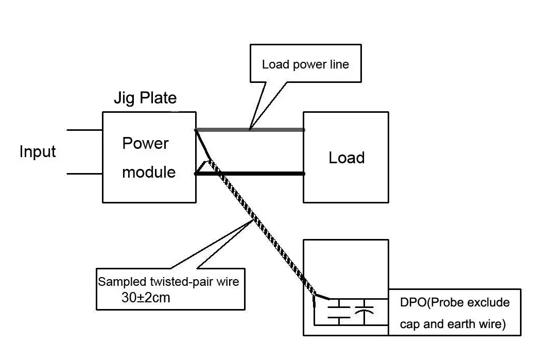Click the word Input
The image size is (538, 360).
pyautogui.click(x=38, y=152)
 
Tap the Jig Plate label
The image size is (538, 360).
pyautogui.click(x=145, y=98)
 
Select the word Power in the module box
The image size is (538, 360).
pyautogui.click(x=145, y=143)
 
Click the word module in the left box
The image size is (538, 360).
pyautogui.click(x=149, y=172)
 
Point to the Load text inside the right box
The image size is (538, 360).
pyautogui.click(x=346, y=158)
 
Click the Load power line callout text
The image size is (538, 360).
pyautogui.click(x=305, y=64)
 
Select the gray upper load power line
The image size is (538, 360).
pyautogui.click(x=278, y=130)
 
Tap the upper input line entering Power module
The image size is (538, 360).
pyautogui.click(x=85, y=130)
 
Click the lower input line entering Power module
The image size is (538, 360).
pyautogui.click(x=85, y=174)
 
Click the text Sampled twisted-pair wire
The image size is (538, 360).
pyautogui.click(x=168, y=282)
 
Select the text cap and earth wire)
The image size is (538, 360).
pyautogui.click(x=453, y=324)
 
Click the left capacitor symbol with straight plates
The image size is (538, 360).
pyautogui.click(x=339, y=311)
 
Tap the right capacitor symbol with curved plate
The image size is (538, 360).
pyautogui.click(x=365, y=311)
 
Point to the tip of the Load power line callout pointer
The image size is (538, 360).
pyautogui.click(x=250, y=128)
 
